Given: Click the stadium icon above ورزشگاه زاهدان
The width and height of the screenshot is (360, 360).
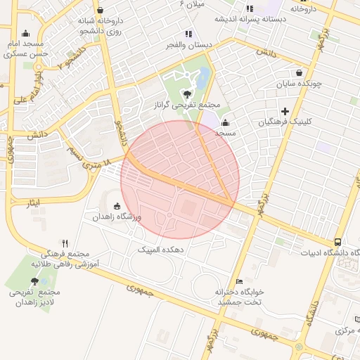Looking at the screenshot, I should click(x=117, y=206).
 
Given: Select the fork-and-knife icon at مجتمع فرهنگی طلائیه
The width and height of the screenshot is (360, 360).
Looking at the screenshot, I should click(x=65, y=243).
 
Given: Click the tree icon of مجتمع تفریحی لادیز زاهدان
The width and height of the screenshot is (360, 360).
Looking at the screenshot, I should click(x=35, y=281).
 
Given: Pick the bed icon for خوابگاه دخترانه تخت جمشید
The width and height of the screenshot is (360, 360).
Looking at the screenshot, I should click(x=240, y=281).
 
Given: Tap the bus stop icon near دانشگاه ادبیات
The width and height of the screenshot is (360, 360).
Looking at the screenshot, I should click(x=339, y=242).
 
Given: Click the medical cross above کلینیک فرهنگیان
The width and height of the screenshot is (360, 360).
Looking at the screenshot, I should click(x=285, y=111).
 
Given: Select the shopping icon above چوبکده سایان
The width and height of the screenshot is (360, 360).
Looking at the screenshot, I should click(x=300, y=72).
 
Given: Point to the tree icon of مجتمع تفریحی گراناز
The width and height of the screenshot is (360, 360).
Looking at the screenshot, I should click(x=187, y=94).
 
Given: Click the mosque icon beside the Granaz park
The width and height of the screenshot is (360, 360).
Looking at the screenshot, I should click(x=225, y=122).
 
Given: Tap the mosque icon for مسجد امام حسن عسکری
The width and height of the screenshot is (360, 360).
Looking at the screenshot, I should click(x=26, y=33).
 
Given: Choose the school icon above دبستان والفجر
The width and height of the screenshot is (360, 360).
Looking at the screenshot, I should click(x=188, y=34).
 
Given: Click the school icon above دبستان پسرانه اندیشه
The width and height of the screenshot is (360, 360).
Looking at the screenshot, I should click(x=250, y=8).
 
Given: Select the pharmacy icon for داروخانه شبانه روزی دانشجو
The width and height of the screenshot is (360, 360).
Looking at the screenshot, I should click(x=100, y=11).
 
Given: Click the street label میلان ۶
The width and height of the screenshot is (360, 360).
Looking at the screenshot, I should click(x=193, y=4).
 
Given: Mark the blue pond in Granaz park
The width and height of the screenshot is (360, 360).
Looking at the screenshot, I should click(x=203, y=78).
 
